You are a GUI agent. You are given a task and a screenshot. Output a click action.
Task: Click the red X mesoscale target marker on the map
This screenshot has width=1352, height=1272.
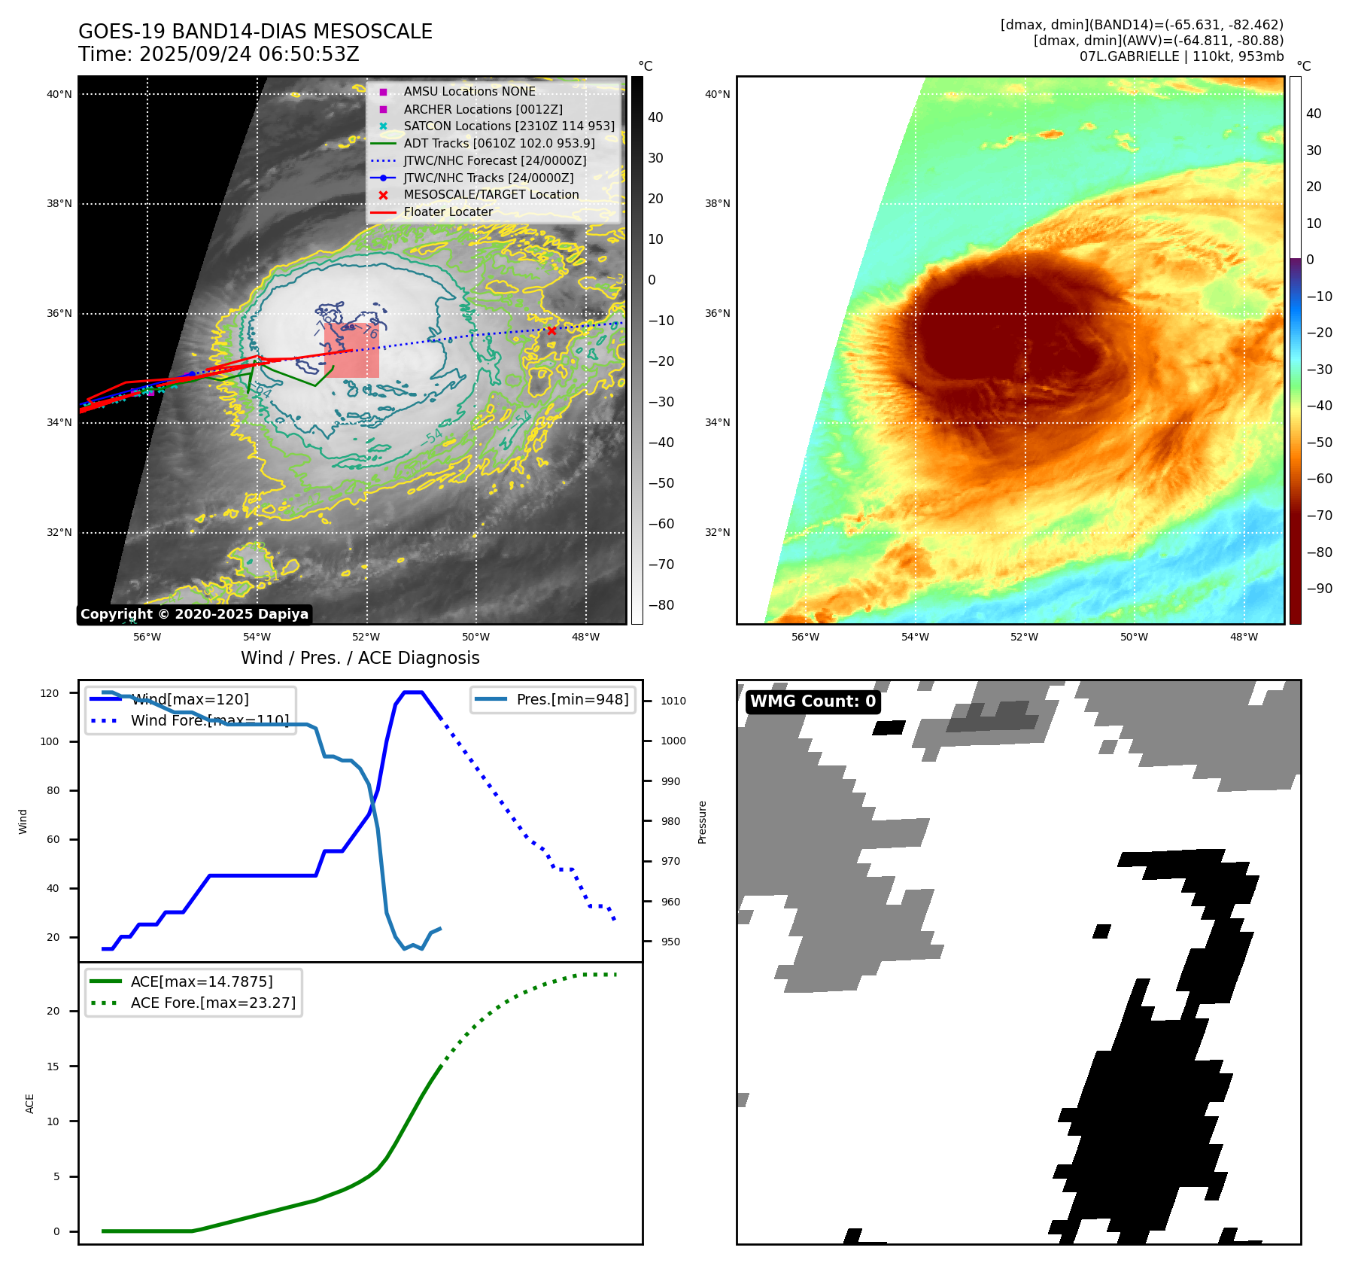click(x=551, y=330)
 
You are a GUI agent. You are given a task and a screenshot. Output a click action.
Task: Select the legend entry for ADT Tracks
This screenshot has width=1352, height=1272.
click(x=499, y=143)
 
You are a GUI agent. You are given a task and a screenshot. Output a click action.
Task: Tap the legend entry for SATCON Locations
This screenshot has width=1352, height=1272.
click(x=509, y=126)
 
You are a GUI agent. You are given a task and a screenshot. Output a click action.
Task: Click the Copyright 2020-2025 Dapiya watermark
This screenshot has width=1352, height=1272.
click(x=194, y=614)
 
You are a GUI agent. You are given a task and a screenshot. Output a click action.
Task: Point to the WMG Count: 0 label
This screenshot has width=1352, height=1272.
click(x=813, y=701)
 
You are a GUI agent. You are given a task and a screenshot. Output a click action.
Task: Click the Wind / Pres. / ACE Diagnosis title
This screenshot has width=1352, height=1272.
click(x=360, y=658)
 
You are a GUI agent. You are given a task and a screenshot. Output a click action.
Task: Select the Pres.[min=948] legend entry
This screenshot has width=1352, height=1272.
click(x=572, y=699)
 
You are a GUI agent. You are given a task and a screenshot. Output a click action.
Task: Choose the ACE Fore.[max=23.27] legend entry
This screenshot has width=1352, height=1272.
click(x=213, y=1003)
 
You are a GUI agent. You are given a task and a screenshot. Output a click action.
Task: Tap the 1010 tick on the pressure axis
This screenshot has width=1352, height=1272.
click(x=673, y=701)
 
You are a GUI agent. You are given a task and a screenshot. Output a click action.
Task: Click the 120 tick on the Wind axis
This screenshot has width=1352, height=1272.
click(x=50, y=693)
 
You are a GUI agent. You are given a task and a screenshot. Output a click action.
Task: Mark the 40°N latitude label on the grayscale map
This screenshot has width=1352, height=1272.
click(x=59, y=94)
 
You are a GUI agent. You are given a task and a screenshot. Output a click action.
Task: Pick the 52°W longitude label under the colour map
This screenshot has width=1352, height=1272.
click(x=1024, y=637)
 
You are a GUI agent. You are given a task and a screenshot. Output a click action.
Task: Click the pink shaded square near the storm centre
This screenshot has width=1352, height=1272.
click(x=351, y=350)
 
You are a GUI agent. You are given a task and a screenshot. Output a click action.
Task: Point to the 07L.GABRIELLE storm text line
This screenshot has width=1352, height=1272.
click(x=1181, y=56)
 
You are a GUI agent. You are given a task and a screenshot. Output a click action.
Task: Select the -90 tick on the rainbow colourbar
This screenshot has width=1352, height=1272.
click(x=1319, y=589)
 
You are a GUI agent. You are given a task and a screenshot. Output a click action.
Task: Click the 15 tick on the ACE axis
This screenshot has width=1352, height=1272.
click(x=53, y=1067)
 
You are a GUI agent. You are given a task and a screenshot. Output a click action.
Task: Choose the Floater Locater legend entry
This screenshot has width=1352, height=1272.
click(x=448, y=212)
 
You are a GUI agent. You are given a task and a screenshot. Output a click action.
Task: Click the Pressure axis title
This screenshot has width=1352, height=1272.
click(x=703, y=822)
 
